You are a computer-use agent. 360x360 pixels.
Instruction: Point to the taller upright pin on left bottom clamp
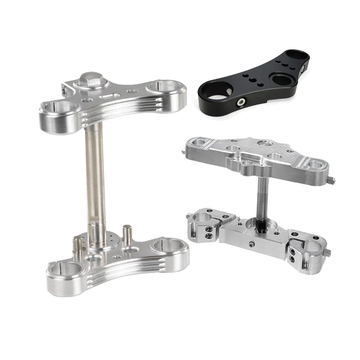127,234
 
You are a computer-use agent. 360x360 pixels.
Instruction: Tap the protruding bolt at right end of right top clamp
333,180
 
